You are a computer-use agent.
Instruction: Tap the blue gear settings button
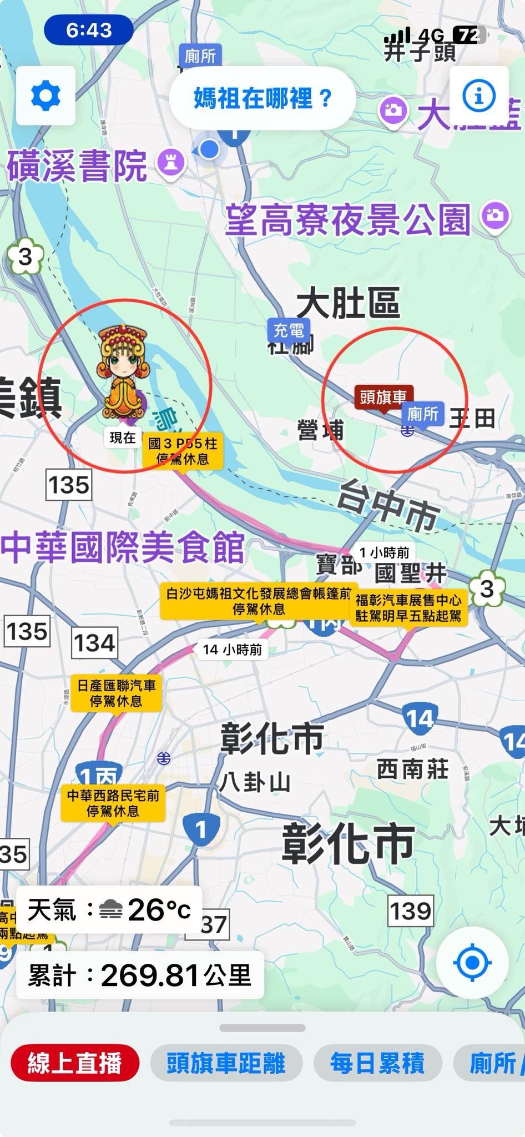click(46, 96)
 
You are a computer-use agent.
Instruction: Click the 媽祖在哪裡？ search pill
click(262, 98)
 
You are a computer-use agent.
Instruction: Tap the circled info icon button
click(478, 96)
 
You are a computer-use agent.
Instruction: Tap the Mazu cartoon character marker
click(122, 372)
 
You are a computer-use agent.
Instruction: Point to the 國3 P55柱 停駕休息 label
click(183, 451)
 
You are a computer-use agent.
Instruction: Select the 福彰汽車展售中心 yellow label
click(408, 608)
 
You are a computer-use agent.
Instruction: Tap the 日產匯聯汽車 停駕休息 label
click(117, 693)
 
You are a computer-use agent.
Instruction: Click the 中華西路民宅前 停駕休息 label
click(113, 803)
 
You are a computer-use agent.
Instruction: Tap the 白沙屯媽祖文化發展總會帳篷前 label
click(259, 601)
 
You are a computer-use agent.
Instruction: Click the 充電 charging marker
click(289, 331)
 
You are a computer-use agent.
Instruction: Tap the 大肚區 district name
click(348, 304)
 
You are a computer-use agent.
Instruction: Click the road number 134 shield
click(94, 643)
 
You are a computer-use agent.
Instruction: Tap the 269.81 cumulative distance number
click(150, 975)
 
